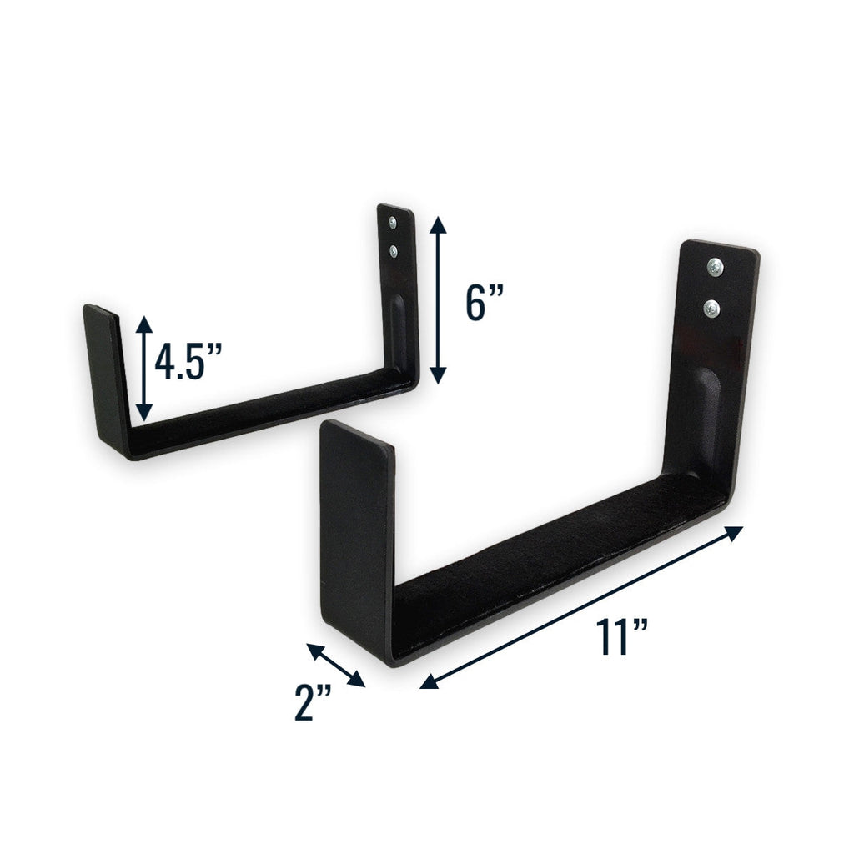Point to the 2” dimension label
pyautogui.click(x=314, y=702)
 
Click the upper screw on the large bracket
pyautogui.click(x=715, y=268)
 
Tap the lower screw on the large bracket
pyautogui.click(x=711, y=309)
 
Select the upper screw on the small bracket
pyautogui.click(x=394, y=224)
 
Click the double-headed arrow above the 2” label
pyautogui.click(x=336, y=665)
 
